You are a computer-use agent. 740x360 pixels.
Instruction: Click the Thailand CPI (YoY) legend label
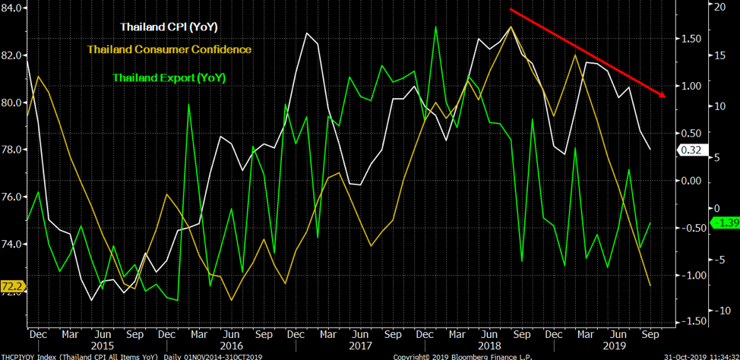[x=169, y=27]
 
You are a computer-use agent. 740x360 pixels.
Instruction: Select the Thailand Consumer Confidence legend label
[x=169, y=49]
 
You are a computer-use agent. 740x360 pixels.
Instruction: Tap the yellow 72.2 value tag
[x=12, y=286]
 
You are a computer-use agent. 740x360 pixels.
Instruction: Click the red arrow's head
[x=663, y=95]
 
